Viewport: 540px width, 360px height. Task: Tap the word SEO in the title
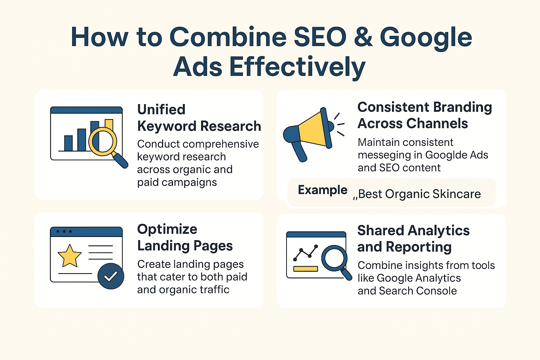coord(320,37)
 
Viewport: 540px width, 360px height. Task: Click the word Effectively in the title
coord(297,67)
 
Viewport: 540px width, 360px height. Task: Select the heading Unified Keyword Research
coord(199,118)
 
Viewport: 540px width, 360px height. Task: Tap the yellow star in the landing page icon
coord(69,256)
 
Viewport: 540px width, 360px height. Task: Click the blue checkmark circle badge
coord(111,276)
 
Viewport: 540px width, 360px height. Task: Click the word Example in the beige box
coord(322,190)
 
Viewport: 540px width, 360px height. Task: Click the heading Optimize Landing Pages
coord(185,237)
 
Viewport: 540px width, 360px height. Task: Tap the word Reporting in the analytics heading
coord(418,247)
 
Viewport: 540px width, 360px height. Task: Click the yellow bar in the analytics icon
coord(306,269)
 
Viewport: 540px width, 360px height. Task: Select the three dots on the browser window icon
coord(64,232)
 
